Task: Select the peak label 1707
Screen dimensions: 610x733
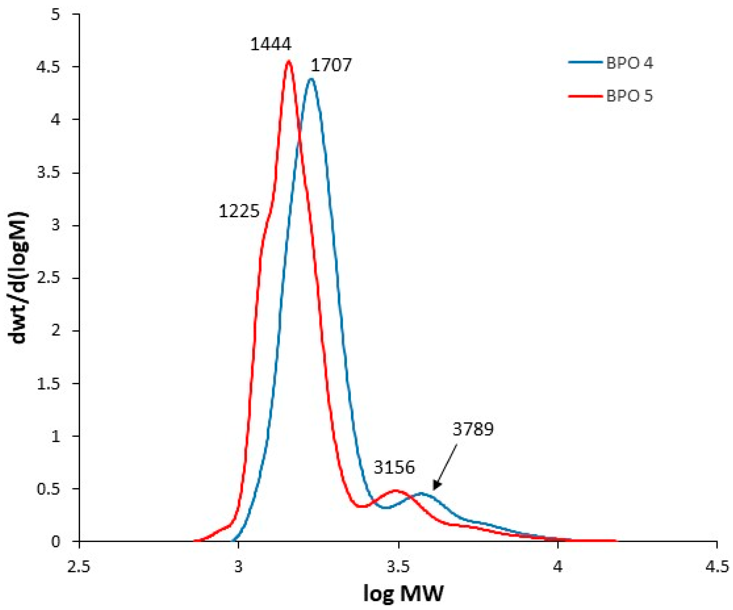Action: pos(331,65)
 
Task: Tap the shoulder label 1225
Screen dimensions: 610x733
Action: pos(239,211)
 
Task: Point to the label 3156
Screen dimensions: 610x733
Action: pos(394,468)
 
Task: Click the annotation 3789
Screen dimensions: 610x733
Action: pos(473,429)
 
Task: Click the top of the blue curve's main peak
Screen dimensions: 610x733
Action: pos(311,79)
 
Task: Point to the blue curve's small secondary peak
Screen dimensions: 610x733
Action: pos(422,493)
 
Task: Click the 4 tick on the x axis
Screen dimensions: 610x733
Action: pos(557,567)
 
